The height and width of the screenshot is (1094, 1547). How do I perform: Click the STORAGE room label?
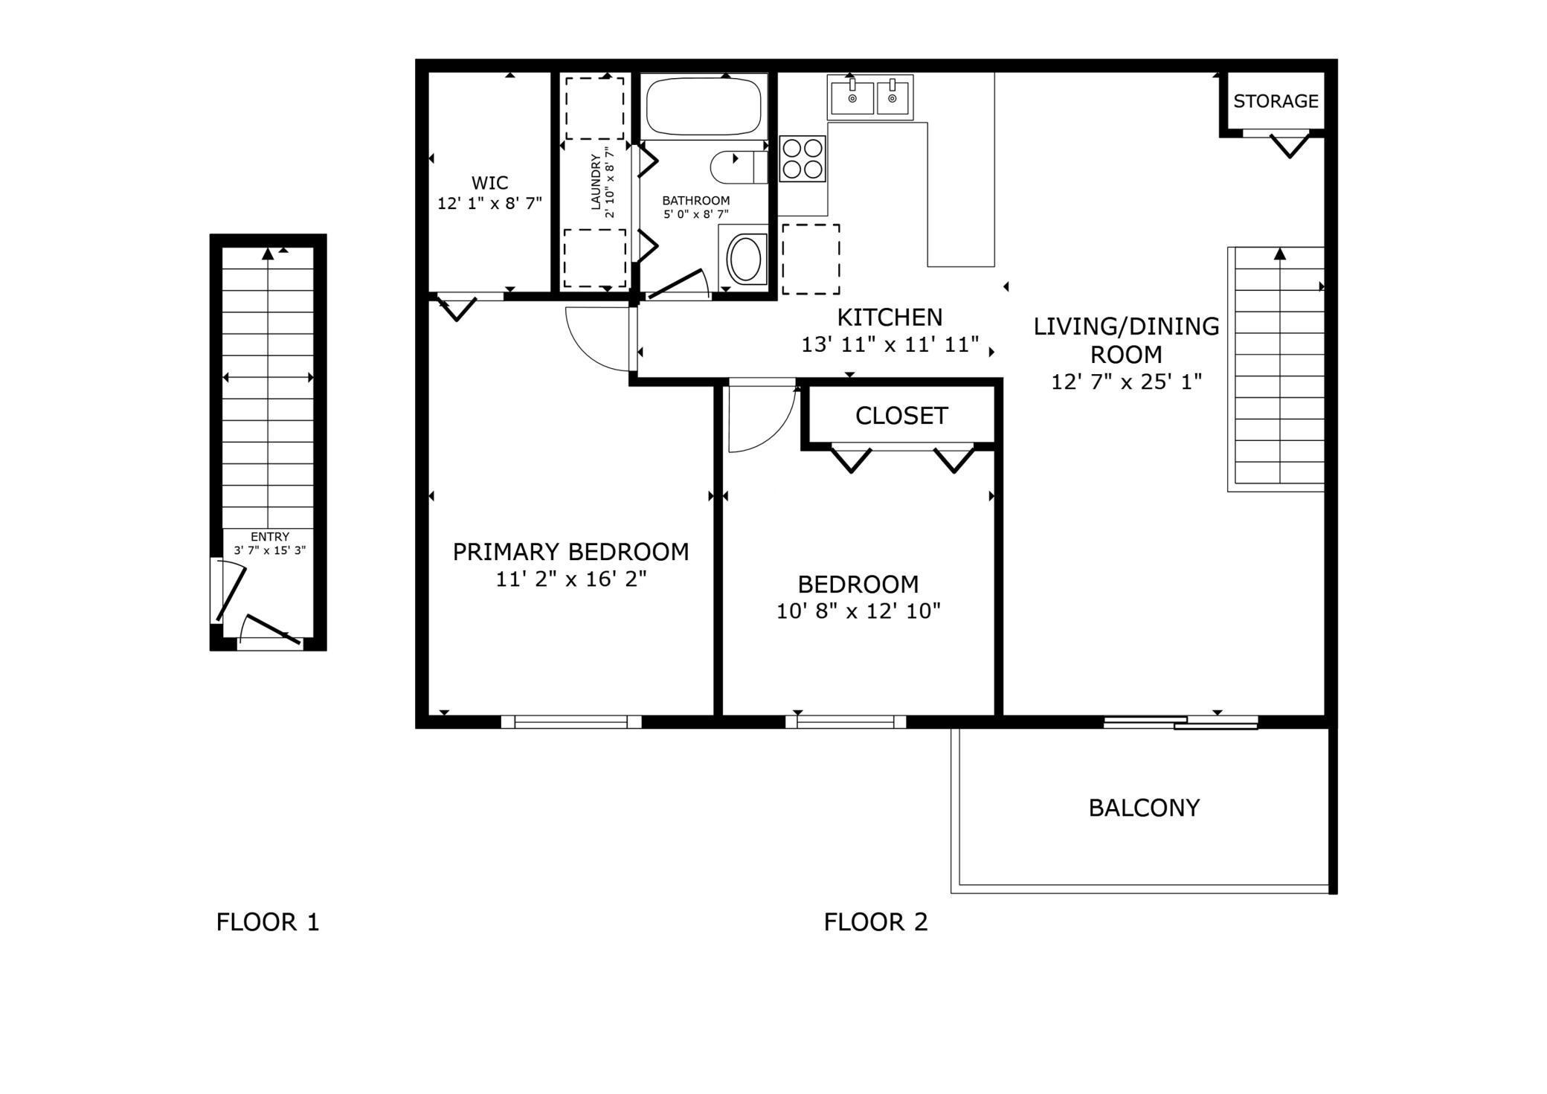(1276, 101)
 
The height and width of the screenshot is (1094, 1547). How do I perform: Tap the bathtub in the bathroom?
(704, 106)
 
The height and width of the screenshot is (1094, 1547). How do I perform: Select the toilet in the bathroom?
(739, 167)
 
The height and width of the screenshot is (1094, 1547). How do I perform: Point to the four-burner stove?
(803, 158)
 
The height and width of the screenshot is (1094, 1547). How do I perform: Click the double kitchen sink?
(870, 97)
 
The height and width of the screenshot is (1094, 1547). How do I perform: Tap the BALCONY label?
(1144, 808)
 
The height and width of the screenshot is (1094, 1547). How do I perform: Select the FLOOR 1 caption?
(268, 922)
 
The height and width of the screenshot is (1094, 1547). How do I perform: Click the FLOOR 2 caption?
(876, 922)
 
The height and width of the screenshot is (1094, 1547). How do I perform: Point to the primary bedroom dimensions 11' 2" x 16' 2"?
(571, 579)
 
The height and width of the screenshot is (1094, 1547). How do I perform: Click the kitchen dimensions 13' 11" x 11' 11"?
(890, 345)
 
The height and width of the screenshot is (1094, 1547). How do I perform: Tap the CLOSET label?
(901, 416)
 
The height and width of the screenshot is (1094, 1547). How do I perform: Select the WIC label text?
(489, 183)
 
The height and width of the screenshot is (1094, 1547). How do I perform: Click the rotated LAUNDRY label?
(596, 182)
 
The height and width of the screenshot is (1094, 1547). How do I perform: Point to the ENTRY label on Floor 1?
(270, 537)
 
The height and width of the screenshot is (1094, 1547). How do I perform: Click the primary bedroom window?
(571, 721)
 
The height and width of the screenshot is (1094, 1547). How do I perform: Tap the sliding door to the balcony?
(1180, 722)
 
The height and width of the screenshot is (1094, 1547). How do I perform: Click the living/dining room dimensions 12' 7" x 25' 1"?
(1127, 382)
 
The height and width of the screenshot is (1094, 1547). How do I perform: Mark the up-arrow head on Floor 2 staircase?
(1280, 254)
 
